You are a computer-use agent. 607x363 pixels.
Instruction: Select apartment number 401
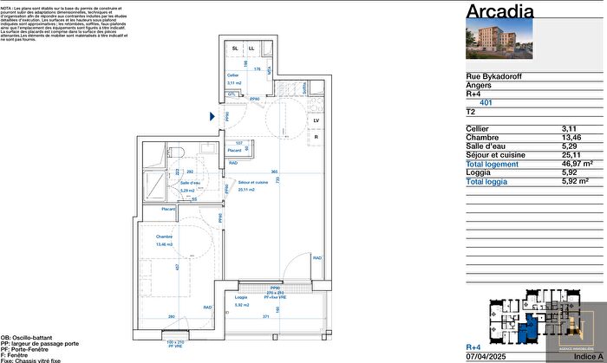point(485,102)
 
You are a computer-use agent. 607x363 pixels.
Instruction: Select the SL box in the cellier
point(236,49)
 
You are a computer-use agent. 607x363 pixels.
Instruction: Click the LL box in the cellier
point(251,49)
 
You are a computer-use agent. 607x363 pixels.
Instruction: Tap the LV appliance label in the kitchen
point(317,120)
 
